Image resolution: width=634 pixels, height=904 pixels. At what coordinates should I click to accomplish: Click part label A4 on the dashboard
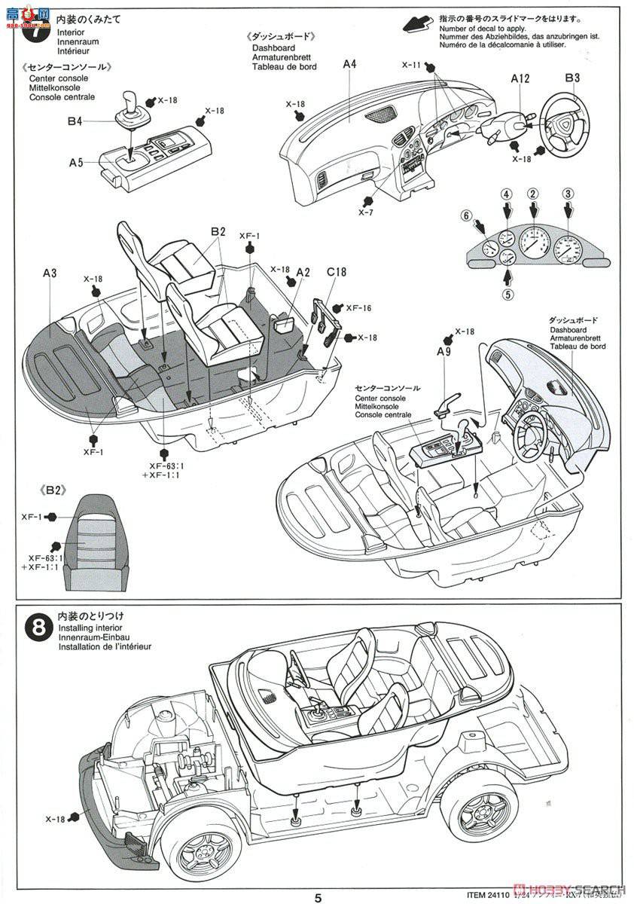(x=349, y=64)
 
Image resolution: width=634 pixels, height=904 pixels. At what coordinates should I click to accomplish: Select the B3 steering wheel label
(x=572, y=78)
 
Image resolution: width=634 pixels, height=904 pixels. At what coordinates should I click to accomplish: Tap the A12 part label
(x=520, y=78)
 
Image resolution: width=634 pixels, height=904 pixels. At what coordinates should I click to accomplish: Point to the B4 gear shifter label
(x=74, y=121)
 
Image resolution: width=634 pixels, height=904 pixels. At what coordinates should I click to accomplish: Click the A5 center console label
(x=77, y=162)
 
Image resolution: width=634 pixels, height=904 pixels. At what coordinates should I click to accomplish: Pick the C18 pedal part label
(x=336, y=272)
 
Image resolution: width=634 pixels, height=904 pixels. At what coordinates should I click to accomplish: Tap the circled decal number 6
(x=467, y=216)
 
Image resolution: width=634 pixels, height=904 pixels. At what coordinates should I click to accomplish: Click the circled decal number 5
(x=508, y=295)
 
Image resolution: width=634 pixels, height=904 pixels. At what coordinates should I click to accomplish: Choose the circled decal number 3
(x=568, y=194)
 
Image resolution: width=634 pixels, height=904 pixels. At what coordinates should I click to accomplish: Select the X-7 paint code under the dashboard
(x=366, y=212)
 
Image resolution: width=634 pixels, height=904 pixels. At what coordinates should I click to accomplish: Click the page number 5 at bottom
(x=319, y=896)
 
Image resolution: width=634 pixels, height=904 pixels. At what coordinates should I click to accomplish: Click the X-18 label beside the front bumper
(x=56, y=818)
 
